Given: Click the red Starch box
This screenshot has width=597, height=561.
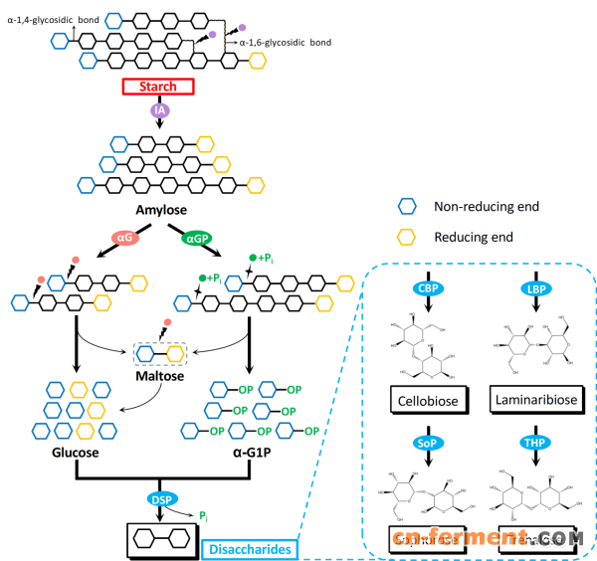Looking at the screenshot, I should pos(157,87).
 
